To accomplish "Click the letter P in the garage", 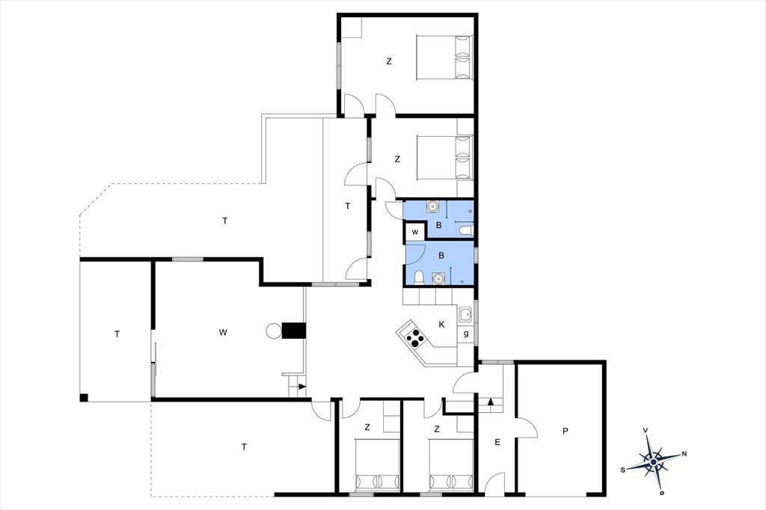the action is coord(566,431).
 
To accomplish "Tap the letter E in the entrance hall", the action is coord(497,442).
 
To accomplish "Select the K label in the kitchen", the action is coord(441,325).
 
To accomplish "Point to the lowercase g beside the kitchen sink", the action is coord(466,334).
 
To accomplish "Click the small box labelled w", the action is coord(414,232).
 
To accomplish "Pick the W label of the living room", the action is coord(223,332).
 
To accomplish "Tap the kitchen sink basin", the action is coord(465,315).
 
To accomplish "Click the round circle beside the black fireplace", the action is coord(274,331).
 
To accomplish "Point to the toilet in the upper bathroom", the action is coord(466,230).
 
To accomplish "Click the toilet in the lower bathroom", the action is coord(419,277).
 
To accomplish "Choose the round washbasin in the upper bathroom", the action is coord(432,206).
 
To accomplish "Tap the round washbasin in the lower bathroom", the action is coord(438,278).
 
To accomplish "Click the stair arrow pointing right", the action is coord(302,387).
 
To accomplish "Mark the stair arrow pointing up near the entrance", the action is coord(491,402).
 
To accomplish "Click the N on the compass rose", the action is coord(684,454).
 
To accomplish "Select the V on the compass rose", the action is coord(646,431).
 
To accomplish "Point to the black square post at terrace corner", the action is coord(84,398).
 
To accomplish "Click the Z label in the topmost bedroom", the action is coord(389,61).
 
